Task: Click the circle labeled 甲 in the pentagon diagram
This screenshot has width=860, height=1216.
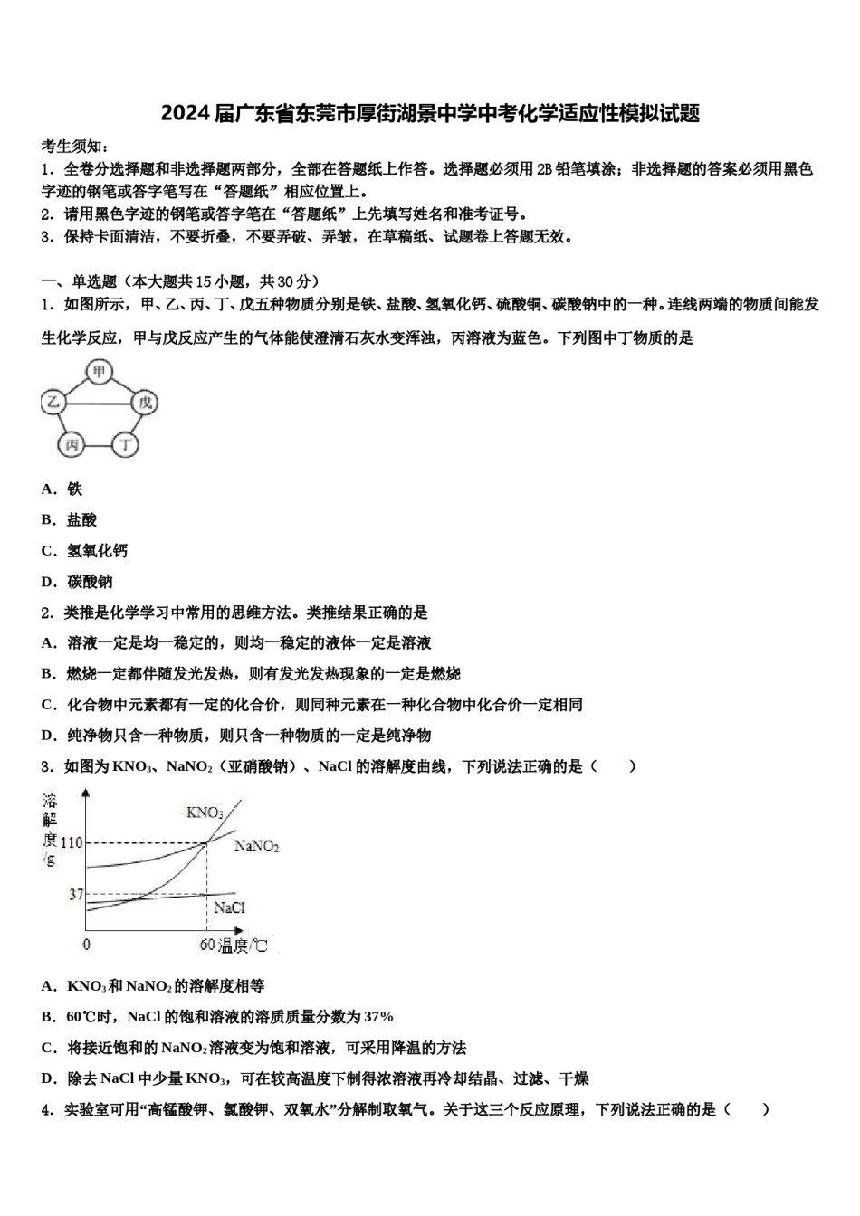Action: pos(99,371)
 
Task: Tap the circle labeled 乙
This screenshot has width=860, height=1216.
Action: pos(53,403)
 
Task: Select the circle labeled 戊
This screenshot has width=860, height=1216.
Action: pos(144,403)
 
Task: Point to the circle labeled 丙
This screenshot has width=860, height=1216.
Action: pos(72,444)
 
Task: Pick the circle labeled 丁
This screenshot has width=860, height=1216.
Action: pos(126,444)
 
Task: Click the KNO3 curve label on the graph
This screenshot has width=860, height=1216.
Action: pos(204,812)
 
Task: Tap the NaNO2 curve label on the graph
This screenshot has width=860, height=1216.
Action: pos(256,847)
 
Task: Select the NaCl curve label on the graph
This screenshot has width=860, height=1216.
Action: pos(228,907)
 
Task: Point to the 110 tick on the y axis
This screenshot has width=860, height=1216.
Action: pos(71,843)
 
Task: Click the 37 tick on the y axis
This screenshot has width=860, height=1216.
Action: pos(75,895)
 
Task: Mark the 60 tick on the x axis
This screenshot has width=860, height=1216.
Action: pos(207,945)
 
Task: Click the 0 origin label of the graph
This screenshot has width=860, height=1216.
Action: pos(86,945)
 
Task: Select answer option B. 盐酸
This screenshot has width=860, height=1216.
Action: pos(69,520)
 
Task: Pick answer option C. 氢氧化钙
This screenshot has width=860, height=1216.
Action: pos(84,551)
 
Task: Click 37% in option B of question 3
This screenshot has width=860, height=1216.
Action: pos(378,1017)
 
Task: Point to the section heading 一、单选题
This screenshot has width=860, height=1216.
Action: pos(80,281)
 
